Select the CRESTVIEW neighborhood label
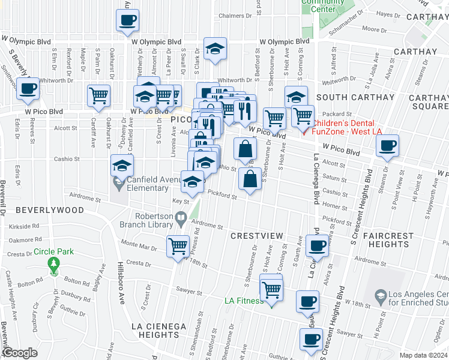(256, 236)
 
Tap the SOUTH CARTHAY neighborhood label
(349, 97)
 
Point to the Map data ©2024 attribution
(423, 355)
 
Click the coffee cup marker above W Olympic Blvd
(127, 20)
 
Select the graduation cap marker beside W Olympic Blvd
(215, 50)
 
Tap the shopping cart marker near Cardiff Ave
(98, 95)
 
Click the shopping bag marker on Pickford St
(250, 178)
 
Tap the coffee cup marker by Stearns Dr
(388, 145)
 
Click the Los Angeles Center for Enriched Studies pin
(380, 296)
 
